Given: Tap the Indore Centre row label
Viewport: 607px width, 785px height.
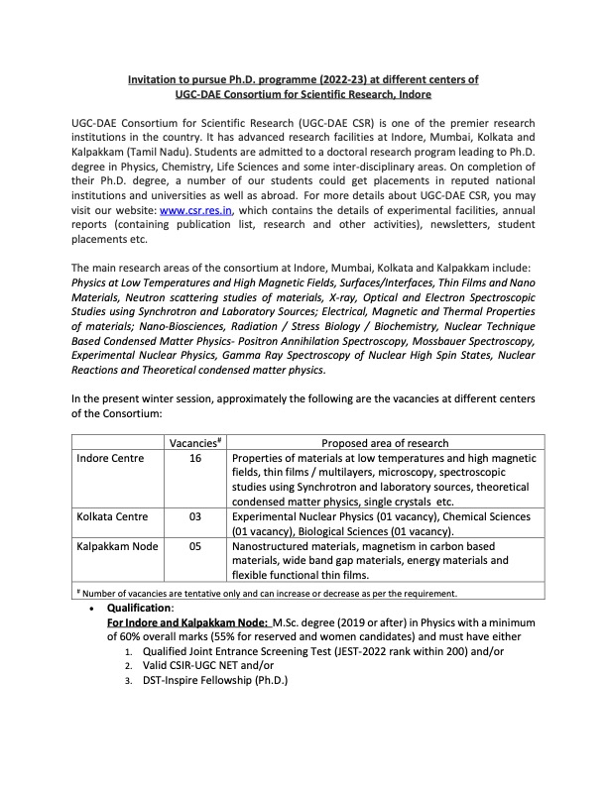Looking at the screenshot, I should click(110, 458).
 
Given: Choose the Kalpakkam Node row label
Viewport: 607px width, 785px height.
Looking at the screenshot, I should click(117, 546).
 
